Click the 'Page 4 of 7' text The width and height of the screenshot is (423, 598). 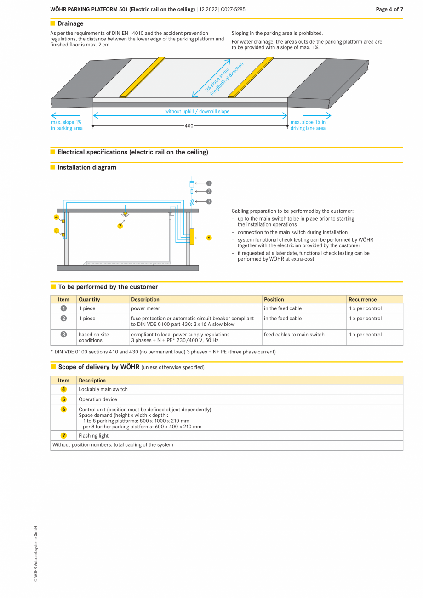(x=389, y=9)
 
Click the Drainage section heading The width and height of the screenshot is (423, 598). (x=70, y=23)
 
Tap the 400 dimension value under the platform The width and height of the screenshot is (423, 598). (x=189, y=125)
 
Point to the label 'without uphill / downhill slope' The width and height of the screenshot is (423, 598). (x=197, y=112)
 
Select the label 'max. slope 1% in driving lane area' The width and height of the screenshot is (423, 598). (x=308, y=125)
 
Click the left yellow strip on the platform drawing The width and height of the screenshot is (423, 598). (x=142, y=77)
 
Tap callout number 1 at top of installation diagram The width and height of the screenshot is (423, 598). (x=209, y=183)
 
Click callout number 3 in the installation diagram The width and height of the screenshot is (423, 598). (x=209, y=201)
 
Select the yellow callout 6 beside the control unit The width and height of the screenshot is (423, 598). (x=209, y=238)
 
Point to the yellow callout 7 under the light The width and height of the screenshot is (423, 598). (x=120, y=226)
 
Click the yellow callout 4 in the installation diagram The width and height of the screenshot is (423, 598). (x=57, y=217)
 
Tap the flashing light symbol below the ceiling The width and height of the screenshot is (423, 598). (x=125, y=214)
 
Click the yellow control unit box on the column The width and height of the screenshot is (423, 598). (x=192, y=236)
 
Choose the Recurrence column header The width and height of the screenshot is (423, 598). (x=362, y=299)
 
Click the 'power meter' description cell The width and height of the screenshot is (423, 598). (x=146, y=308)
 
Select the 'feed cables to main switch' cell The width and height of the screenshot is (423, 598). (x=294, y=335)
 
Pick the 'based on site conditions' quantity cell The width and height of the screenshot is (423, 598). (x=94, y=337)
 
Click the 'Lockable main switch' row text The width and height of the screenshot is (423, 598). (x=103, y=389)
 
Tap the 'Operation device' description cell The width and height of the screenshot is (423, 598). (x=98, y=399)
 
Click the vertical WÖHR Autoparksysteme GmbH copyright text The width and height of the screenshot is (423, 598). (x=35, y=554)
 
